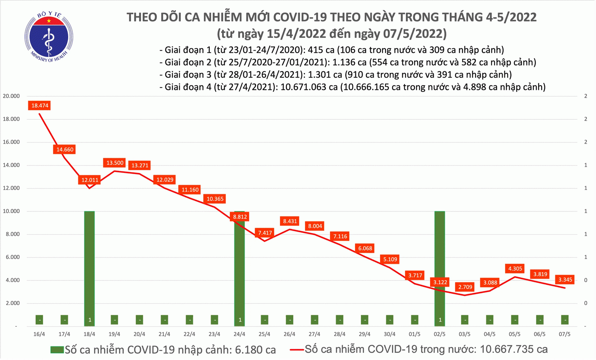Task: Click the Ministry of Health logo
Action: click(x=49, y=37)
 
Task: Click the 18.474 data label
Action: click(x=39, y=106)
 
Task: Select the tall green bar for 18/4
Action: click(x=89, y=262)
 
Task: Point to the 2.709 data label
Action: click(x=465, y=287)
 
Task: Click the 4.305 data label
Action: click(x=515, y=268)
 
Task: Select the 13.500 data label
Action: click(x=115, y=163)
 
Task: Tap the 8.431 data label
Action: click(x=290, y=221)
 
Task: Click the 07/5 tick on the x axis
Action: click(x=564, y=334)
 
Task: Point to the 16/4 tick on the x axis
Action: click(x=39, y=334)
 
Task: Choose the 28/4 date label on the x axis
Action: click(x=339, y=334)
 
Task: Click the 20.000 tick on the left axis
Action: click(x=11, y=96)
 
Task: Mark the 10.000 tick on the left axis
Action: click(x=11, y=211)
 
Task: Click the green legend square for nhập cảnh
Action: click(x=57, y=350)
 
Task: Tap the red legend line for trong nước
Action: click(x=296, y=350)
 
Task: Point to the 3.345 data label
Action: click(x=565, y=280)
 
